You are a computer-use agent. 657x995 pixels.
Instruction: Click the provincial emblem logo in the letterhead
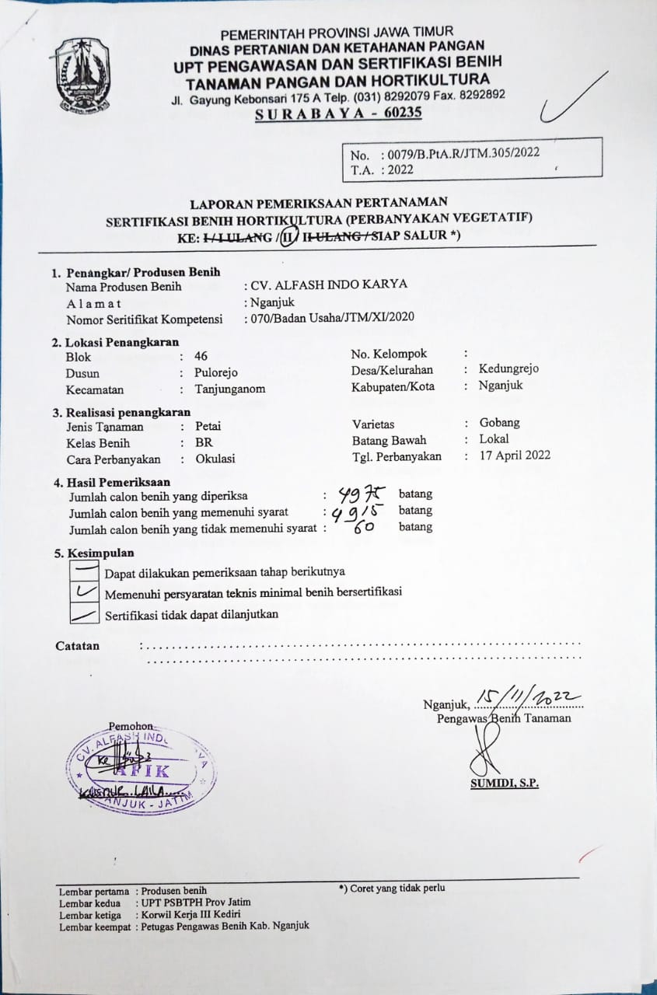point(82,75)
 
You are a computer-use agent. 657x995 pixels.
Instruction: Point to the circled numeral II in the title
point(289,236)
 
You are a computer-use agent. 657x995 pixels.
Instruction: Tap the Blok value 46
point(201,356)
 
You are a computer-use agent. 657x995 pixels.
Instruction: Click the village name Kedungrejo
point(508,368)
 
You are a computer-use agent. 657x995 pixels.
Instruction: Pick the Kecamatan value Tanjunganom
point(229,389)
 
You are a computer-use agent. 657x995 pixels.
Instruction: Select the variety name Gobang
point(499,423)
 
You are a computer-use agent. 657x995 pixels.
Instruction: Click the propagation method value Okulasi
point(215,459)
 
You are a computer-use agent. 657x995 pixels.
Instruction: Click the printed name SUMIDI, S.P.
point(504,783)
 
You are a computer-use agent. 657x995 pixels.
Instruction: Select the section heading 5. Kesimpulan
point(93,553)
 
